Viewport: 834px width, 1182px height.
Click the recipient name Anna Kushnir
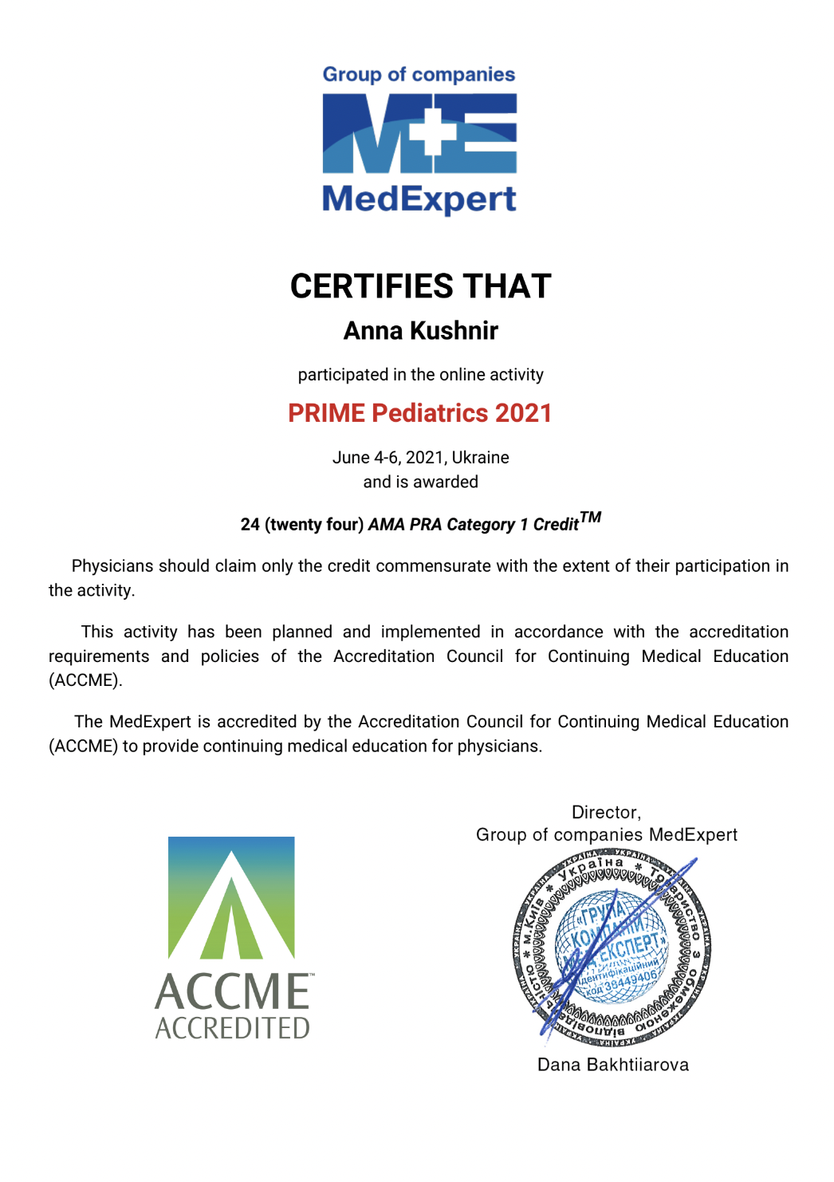420,331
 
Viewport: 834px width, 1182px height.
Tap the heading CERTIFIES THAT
420,286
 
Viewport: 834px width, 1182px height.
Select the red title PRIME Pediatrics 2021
419,413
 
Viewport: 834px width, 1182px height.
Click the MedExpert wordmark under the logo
419,199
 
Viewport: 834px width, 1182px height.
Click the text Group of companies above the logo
419,75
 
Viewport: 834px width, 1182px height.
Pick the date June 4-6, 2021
388,458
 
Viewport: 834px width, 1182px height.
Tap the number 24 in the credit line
250,525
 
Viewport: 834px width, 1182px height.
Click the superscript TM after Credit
590,518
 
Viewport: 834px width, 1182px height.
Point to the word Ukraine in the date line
480,458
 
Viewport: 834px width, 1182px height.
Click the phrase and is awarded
420,483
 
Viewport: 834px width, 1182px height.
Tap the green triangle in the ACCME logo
231,925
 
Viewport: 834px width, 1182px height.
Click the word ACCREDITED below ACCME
232,1028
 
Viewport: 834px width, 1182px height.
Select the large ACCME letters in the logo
232,992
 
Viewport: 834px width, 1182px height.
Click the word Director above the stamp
605,813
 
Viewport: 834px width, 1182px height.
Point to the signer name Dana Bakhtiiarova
612,1066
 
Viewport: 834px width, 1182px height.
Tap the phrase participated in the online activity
420,375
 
